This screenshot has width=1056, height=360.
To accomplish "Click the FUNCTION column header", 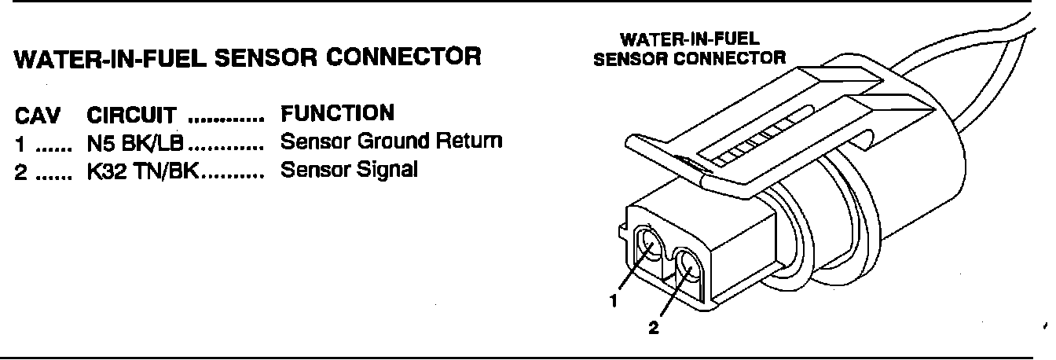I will pos(337,113).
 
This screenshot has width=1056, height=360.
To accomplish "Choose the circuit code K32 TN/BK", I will pos(144,171).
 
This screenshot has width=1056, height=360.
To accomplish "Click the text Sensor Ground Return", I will pos(390,142).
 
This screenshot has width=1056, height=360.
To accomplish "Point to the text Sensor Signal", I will pos(349,169).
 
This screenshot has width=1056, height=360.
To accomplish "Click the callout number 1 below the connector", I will pos(615,300).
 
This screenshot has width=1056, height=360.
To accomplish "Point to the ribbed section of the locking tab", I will pos(754,141).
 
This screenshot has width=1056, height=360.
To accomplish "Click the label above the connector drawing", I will pos(689,49).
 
